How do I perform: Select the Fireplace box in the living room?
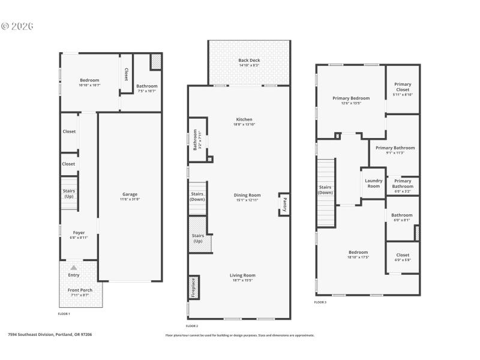[193, 287]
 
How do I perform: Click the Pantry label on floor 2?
[284, 204]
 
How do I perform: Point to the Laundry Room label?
[373, 184]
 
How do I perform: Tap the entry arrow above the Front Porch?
[74, 268]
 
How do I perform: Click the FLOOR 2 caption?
[191, 325]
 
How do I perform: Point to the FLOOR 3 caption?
[320, 302]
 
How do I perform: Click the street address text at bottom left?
[50, 335]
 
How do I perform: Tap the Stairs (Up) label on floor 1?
[69, 193]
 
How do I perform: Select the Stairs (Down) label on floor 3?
[325, 190]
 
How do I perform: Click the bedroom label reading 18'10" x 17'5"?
[358, 254]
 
